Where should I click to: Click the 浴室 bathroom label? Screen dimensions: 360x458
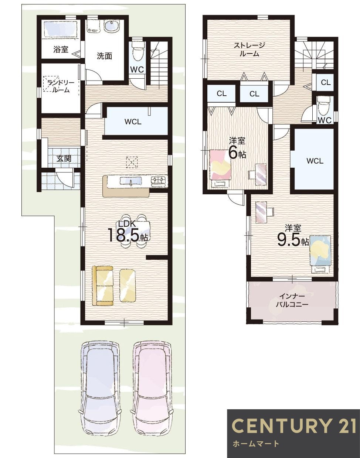[x=61, y=49]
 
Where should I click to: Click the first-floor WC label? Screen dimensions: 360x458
[x=137, y=69]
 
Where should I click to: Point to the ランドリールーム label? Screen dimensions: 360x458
[x=61, y=86]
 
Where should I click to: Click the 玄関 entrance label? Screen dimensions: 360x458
[x=64, y=158]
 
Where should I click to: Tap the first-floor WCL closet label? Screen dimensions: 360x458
[x=133, y=122]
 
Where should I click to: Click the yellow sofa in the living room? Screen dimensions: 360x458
[x=103, y=286]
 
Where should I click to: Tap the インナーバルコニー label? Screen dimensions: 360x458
[x=292, y=300]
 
